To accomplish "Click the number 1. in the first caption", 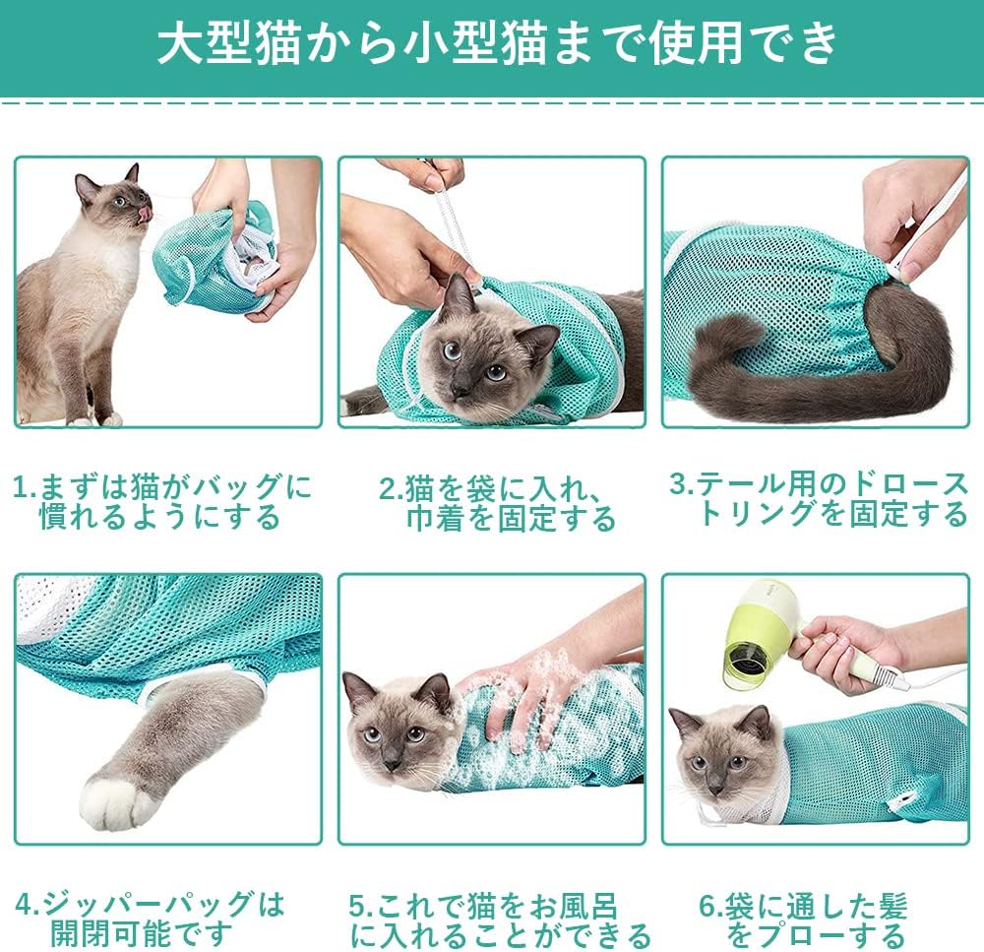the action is [x=26, y=487].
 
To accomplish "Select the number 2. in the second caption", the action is [x=391, y=489].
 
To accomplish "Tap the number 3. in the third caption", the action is [x=682, y=484].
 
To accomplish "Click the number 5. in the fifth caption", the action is [x=362, y=906].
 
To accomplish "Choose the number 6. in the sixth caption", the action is [x=711, y=906].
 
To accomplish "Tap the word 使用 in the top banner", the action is [x=696, y=43].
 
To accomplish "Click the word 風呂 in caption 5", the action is [x=588, y=906].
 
